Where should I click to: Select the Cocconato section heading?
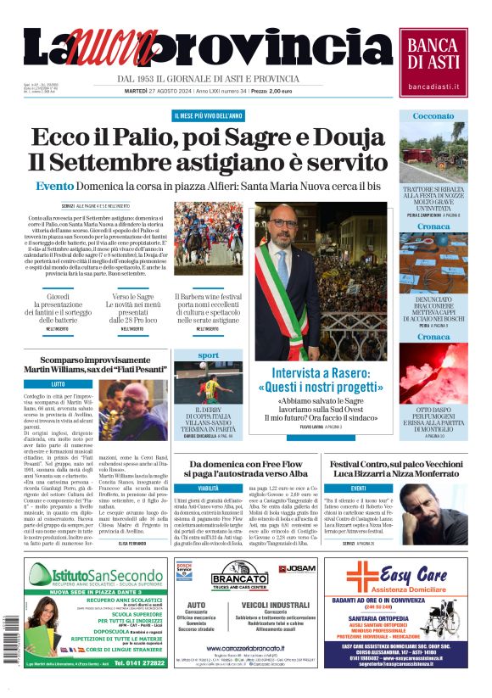(x=433, y=116)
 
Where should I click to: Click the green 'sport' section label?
(x=208, y=355)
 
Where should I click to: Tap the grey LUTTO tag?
(x=58, y=384)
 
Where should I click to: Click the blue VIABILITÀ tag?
(x=209, y=489)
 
